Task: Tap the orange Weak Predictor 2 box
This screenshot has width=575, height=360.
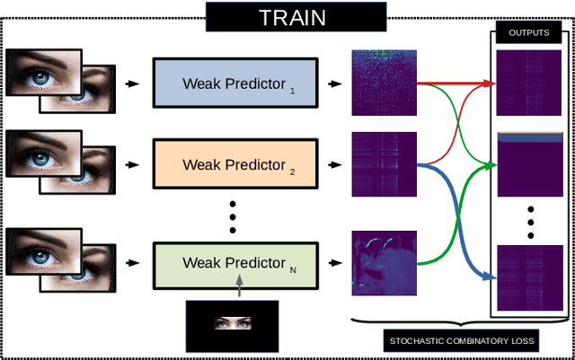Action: click(234, 164)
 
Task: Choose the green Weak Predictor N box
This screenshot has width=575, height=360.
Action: click(234, 263)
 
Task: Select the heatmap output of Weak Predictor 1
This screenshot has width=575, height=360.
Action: click(384, 83)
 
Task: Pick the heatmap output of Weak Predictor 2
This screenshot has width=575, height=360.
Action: click(384, 164)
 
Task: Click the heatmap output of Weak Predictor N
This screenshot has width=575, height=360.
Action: click(384, 263)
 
